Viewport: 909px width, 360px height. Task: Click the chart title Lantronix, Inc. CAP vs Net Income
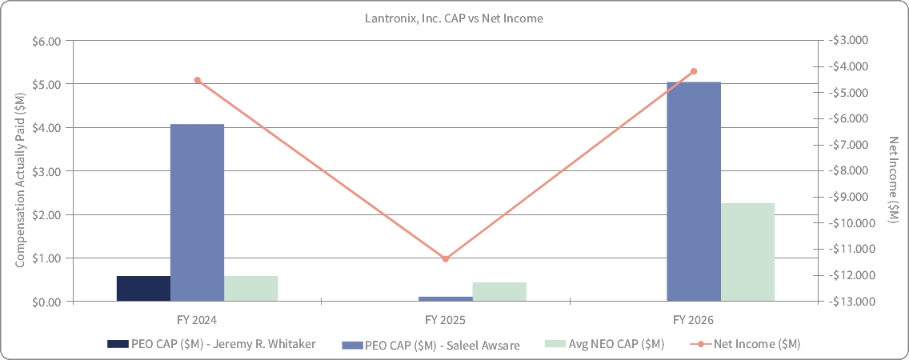click(454, 18)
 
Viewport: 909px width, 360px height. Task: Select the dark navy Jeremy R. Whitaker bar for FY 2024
click(144, 289)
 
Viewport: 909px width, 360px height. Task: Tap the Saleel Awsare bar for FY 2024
click(197, 213)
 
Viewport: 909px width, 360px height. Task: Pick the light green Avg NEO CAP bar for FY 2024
click(251, 289)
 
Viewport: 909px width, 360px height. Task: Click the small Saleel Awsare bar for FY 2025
click(446, 299)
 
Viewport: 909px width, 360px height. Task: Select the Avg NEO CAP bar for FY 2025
click(500, 291)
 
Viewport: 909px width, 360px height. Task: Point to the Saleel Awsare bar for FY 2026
click(694, 192)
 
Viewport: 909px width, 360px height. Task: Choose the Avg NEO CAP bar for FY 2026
click(748, 252)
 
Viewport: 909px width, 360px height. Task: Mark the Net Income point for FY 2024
click(197, 80)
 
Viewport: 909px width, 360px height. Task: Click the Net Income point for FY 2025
click(445, 259)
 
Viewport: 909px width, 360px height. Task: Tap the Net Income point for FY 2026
click(694, 71)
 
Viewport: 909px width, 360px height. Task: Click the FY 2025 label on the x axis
click(445, 319)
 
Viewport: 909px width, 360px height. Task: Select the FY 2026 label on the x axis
click(693, 319)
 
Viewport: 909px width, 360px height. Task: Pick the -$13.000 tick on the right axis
click(849, 302)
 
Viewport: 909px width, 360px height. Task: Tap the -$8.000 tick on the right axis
click(849, 171)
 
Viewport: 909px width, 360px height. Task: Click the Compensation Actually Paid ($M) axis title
click(20, 171)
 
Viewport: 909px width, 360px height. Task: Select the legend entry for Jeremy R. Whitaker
click(211, 344)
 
